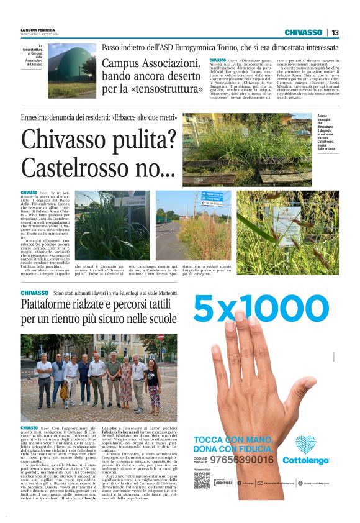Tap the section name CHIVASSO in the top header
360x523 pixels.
[304, 33]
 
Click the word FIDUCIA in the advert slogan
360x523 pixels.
[255, 448]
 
